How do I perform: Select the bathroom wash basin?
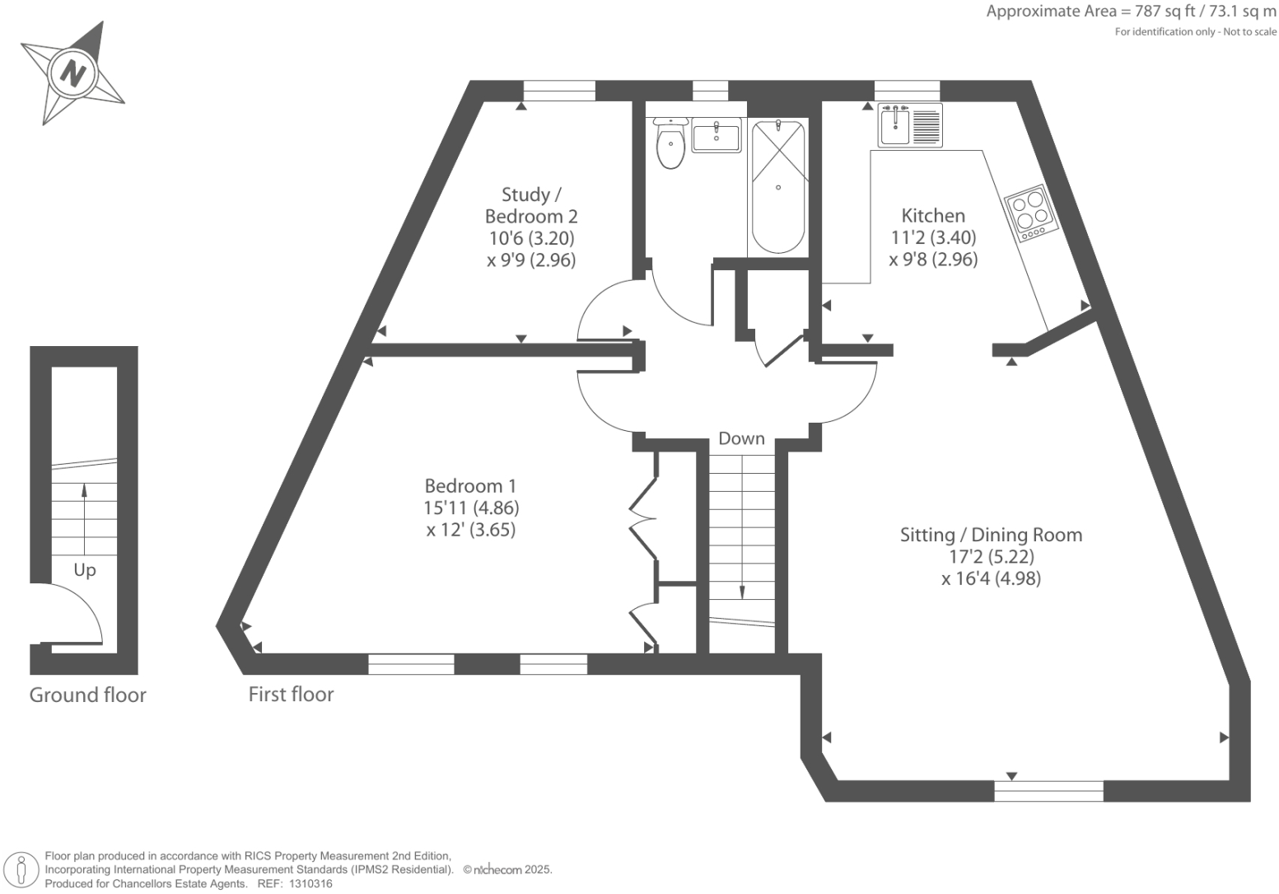(716, 135)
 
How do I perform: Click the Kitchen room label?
(933, 216)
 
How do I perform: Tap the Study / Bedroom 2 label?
(531, 206)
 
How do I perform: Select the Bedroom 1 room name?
(470, 486)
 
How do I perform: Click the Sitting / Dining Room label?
(991, 535)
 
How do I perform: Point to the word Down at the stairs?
(741, 439)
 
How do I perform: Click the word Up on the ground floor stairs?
(85, 570)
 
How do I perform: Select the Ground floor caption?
(87, 695)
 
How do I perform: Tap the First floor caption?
(291, 695)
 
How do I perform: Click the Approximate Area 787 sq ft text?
(1131, 12)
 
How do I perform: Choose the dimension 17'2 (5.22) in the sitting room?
(991, 557)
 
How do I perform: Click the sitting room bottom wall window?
(1048, 791)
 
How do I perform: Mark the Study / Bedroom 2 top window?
(559, 91)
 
